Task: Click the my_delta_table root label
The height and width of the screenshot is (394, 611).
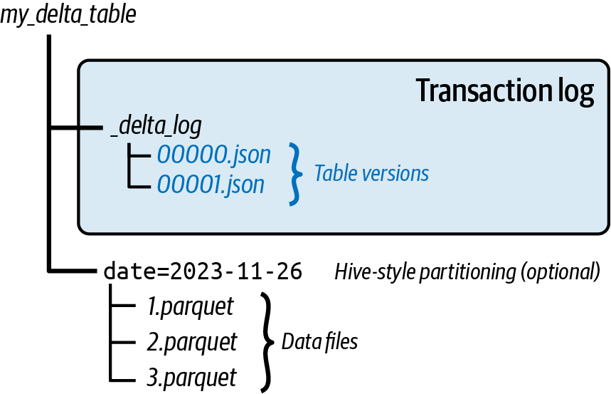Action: tap(68, 15)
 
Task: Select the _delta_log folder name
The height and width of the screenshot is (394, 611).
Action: tap(156, 125)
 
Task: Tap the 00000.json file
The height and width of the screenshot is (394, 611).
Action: tap(213, 155)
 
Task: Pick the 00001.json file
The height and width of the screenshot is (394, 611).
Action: tap(211, 185)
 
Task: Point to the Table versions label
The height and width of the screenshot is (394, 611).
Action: tap(371, 173)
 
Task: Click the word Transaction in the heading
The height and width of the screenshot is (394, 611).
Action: tap(483, 90)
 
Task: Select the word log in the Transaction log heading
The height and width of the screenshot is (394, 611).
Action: tap(575, 92)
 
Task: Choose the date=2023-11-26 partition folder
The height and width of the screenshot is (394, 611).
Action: tap(203, 271)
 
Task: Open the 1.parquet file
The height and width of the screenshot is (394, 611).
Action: tap(190, 306)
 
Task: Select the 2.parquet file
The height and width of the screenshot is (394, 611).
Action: tap(192, 342)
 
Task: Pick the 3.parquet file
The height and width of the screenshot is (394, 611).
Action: tap(191, 378)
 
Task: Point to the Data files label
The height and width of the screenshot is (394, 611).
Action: tap(319, 342)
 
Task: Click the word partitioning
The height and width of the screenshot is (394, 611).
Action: tap(467, 271)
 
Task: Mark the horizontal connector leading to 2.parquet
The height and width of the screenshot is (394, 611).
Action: tap(123, 343)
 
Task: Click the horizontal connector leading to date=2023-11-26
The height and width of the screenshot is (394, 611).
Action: tap(73, 270)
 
